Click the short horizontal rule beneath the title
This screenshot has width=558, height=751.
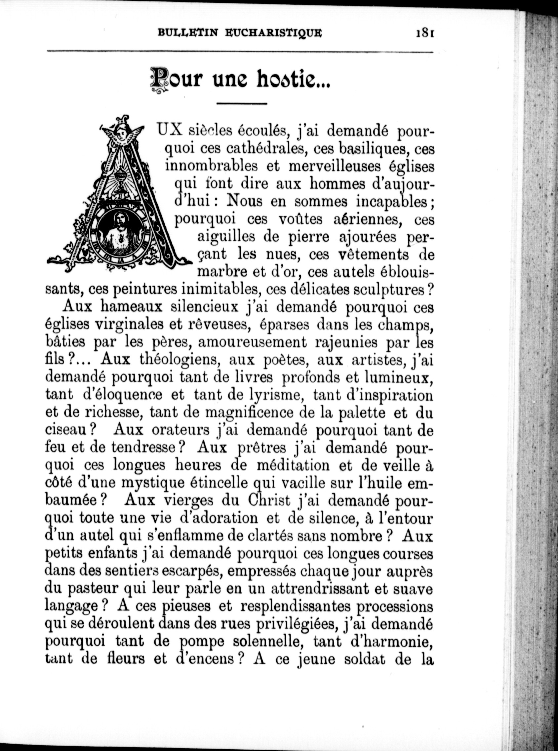click(x=242, y=104)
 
